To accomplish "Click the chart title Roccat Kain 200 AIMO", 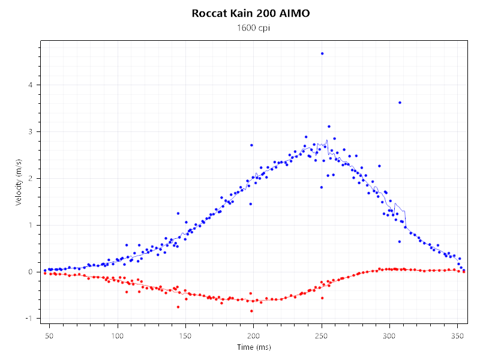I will click(251, 13).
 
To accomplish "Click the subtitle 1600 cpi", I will click(251, 28).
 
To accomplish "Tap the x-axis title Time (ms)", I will click(253, 347).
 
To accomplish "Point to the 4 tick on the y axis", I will click(30, 85).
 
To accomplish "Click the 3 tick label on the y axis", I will click(30, 131).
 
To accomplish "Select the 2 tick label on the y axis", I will click(30, 178).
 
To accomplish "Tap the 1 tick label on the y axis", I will click(30, 225).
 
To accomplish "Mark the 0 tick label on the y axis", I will click(30, 272).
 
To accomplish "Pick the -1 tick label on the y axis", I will click(29, 319).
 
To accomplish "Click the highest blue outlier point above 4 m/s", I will click(322, 53).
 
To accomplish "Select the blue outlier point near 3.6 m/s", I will click(400, 103).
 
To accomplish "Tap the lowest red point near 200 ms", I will click(251, 311).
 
